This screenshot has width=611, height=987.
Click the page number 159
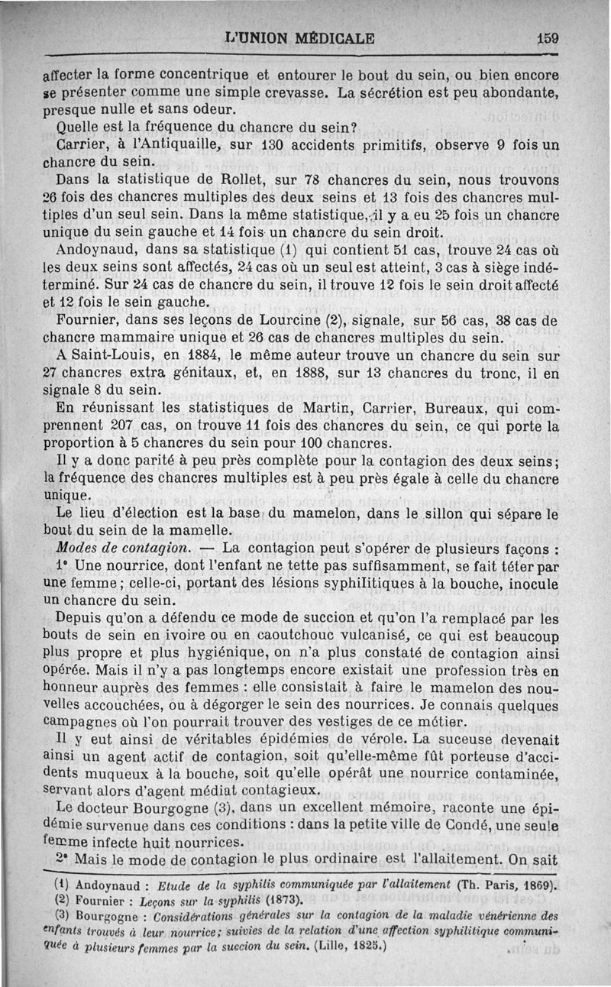[548, 37]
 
